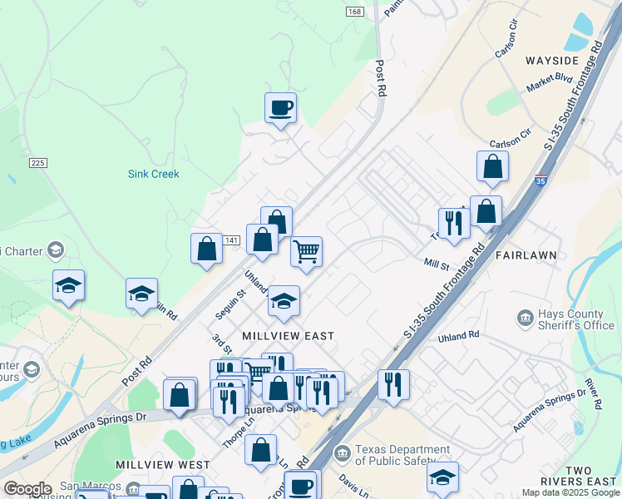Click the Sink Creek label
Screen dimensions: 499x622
153,174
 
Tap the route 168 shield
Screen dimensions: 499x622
356,11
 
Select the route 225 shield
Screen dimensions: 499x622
37,163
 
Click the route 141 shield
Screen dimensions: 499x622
232,240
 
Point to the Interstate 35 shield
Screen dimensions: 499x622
541,180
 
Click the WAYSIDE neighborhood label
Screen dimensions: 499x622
551,62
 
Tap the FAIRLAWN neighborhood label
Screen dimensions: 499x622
525,254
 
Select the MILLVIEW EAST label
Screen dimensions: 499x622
288,336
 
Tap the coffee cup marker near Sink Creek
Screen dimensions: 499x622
280,108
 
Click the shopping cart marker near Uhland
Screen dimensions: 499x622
307,250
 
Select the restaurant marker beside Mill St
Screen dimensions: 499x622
453,223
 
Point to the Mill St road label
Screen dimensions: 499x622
436,264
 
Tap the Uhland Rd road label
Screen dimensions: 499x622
459,334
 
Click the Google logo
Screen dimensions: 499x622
27,488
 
